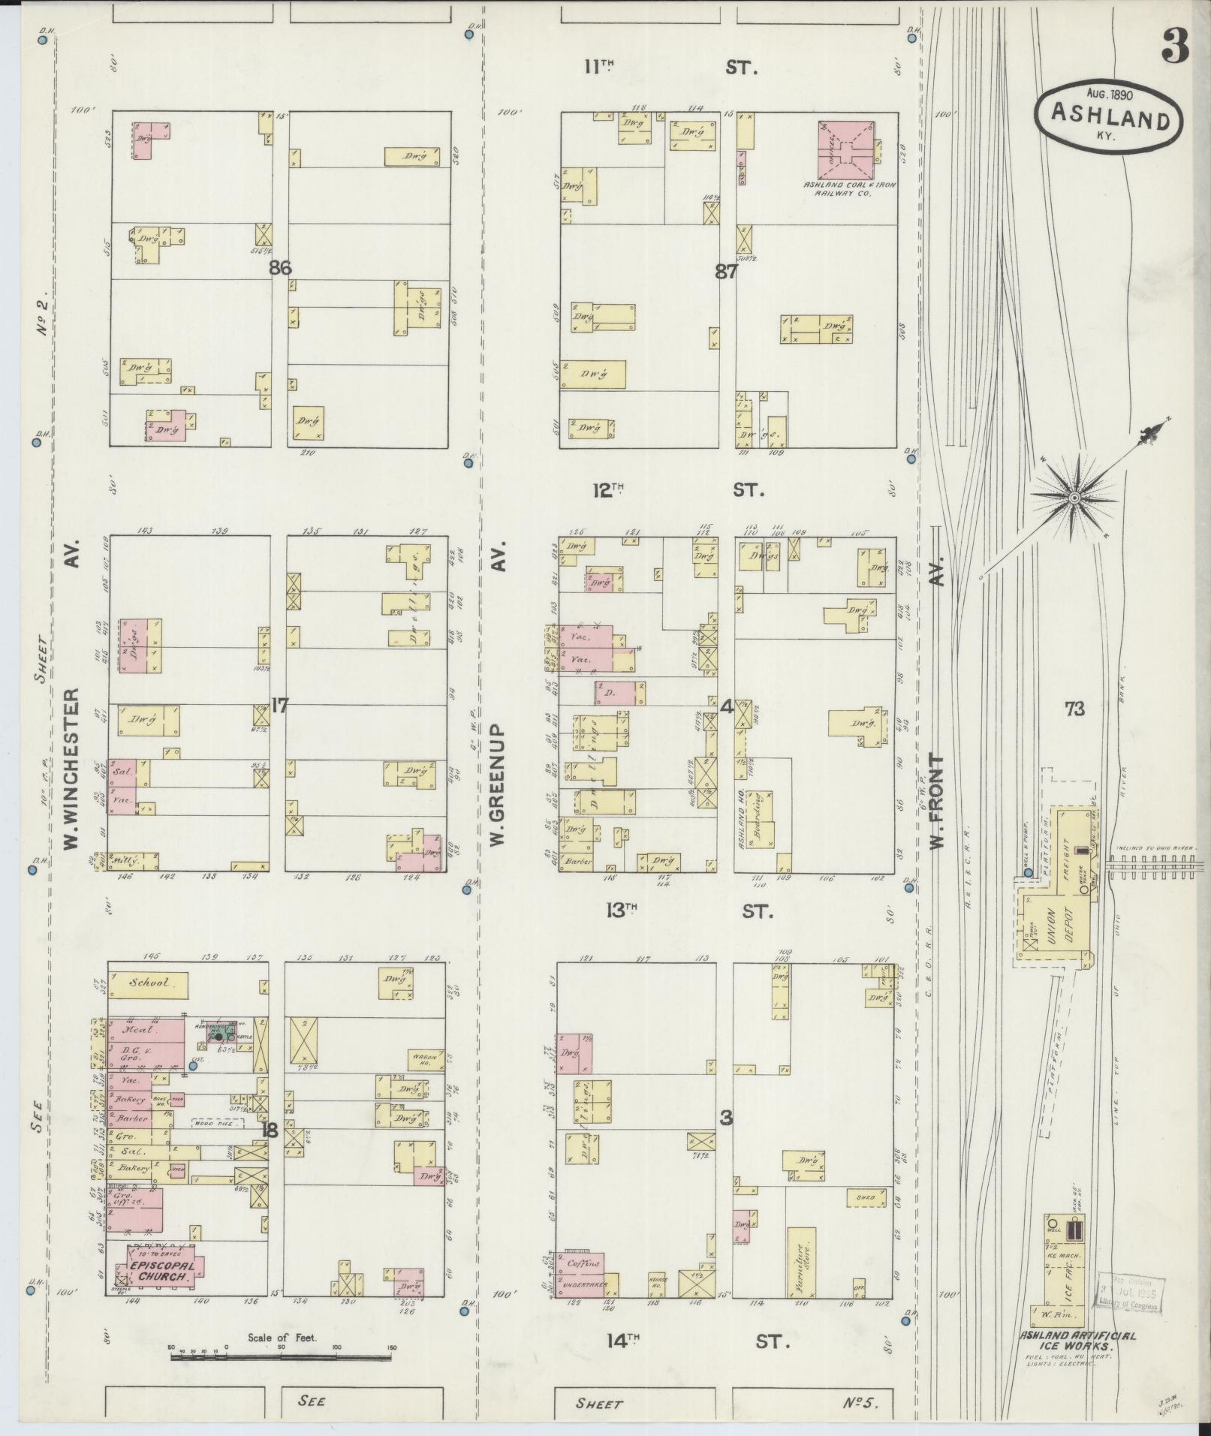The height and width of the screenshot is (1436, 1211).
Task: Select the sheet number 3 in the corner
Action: [x=1176, y=48]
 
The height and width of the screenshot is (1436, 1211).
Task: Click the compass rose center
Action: [x=1074, y=498]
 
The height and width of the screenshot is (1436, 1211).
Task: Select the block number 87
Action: [x=725, y=272]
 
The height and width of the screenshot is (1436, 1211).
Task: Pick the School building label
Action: [x=148, y=983]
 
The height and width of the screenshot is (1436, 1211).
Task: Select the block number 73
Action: [x=1074, y=708]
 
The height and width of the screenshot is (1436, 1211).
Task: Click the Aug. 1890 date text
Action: [x=1109, y=95]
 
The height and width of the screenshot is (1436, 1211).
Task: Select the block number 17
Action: [x=279, y=705]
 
